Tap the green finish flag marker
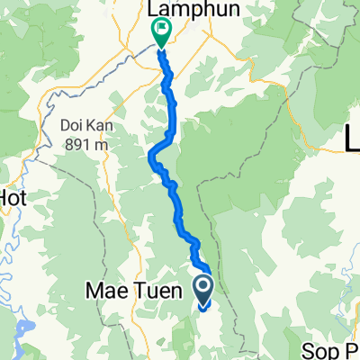click(161, 34)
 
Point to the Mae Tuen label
click(139, 291)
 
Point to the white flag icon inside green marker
click(161, 31)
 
